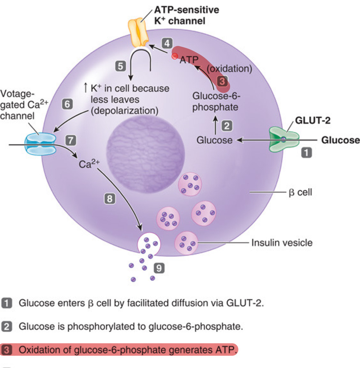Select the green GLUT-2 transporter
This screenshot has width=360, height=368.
click(x=283, y=139)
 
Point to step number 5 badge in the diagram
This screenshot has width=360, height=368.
click(x=121, y=66)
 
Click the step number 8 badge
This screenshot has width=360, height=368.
click(x=110, y=199)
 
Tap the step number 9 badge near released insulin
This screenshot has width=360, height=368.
click(x=159, y=268)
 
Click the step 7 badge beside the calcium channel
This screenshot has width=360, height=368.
click(x=71, y=140)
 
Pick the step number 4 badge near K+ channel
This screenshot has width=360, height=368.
click(x=167, y=44)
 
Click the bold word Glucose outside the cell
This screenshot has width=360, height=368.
click(x=340, y=140)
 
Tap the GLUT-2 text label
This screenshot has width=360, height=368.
click(x=313, y=121)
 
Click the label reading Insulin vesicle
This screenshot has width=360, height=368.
click(x=282, y=242)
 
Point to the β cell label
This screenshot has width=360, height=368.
click(x=300, y=192)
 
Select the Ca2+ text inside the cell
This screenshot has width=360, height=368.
click(x=89, y=164)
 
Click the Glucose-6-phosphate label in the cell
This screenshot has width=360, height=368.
click(x=216, y=102)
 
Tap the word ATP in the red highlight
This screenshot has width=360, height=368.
click(x=189, y=60)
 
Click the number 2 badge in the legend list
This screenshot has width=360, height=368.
click(x=7, y=327)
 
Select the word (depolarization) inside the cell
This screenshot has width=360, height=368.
click(x=125, y=111)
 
